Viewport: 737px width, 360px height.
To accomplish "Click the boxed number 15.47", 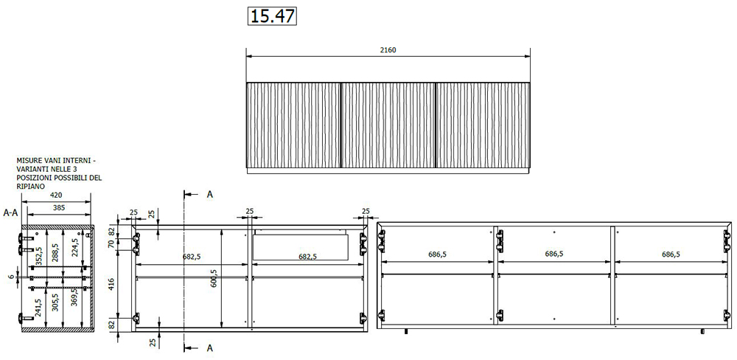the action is [272, 16].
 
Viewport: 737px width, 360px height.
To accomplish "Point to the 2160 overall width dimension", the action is [388, 50].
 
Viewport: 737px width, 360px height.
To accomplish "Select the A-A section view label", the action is [11, 212].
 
